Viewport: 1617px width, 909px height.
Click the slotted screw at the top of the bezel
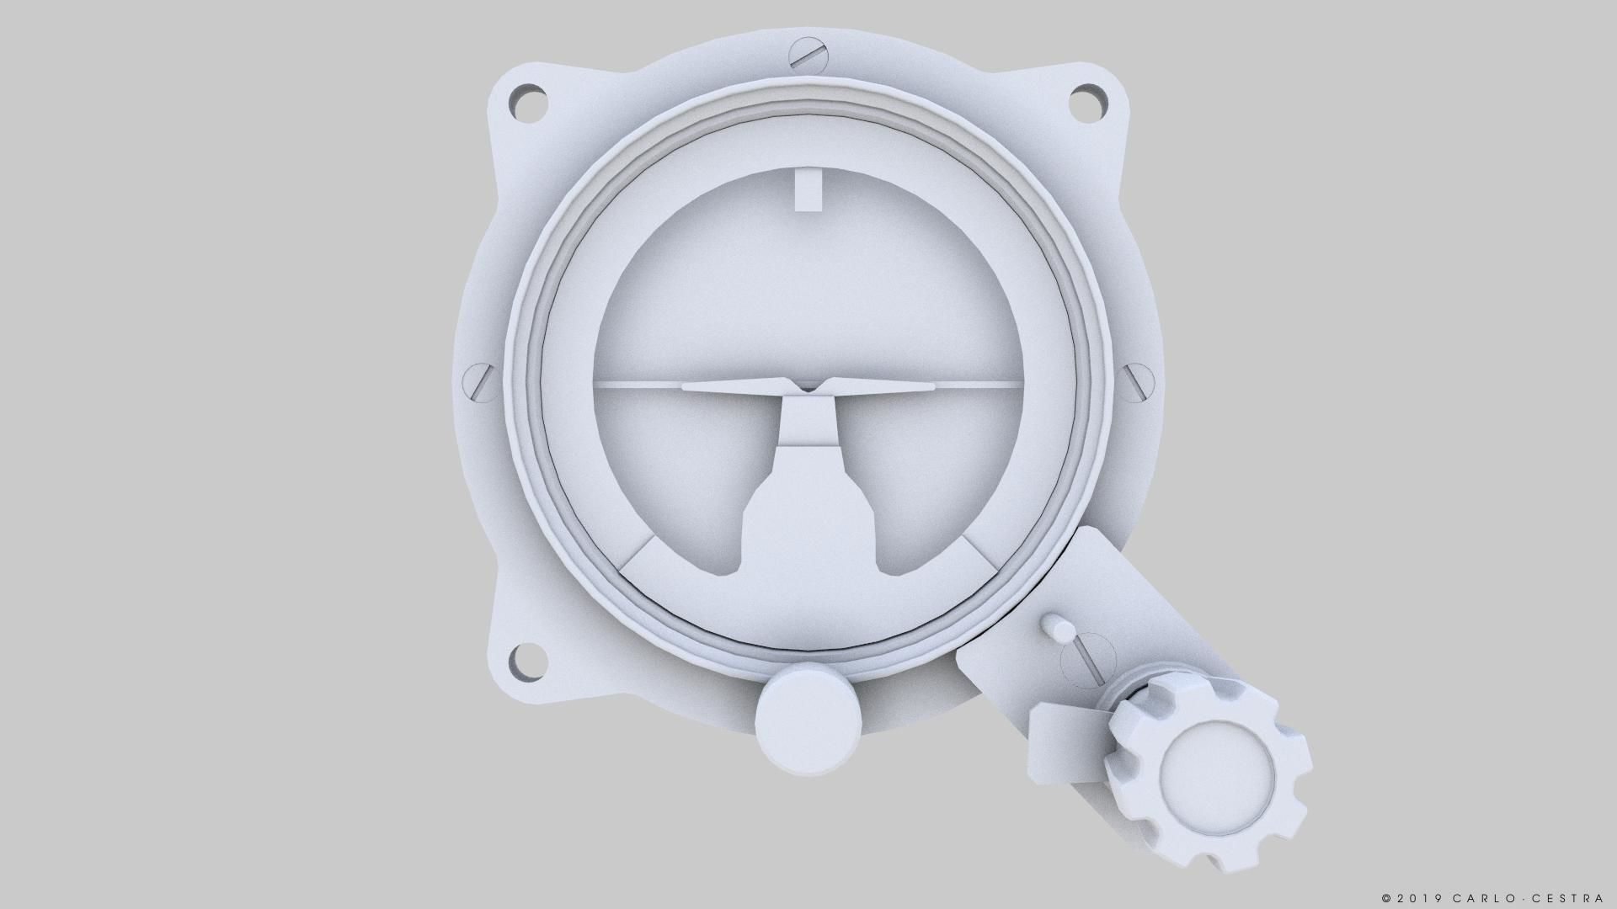(808, 56)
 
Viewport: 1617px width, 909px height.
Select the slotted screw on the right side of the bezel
(1138, 380)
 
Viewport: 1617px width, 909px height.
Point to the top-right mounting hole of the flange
(1088, 102)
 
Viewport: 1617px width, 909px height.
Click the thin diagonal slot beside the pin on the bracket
(1087, 660)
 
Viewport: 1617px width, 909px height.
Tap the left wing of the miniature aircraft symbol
(733, 386)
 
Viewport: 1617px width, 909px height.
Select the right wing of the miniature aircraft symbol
(884, 386)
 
